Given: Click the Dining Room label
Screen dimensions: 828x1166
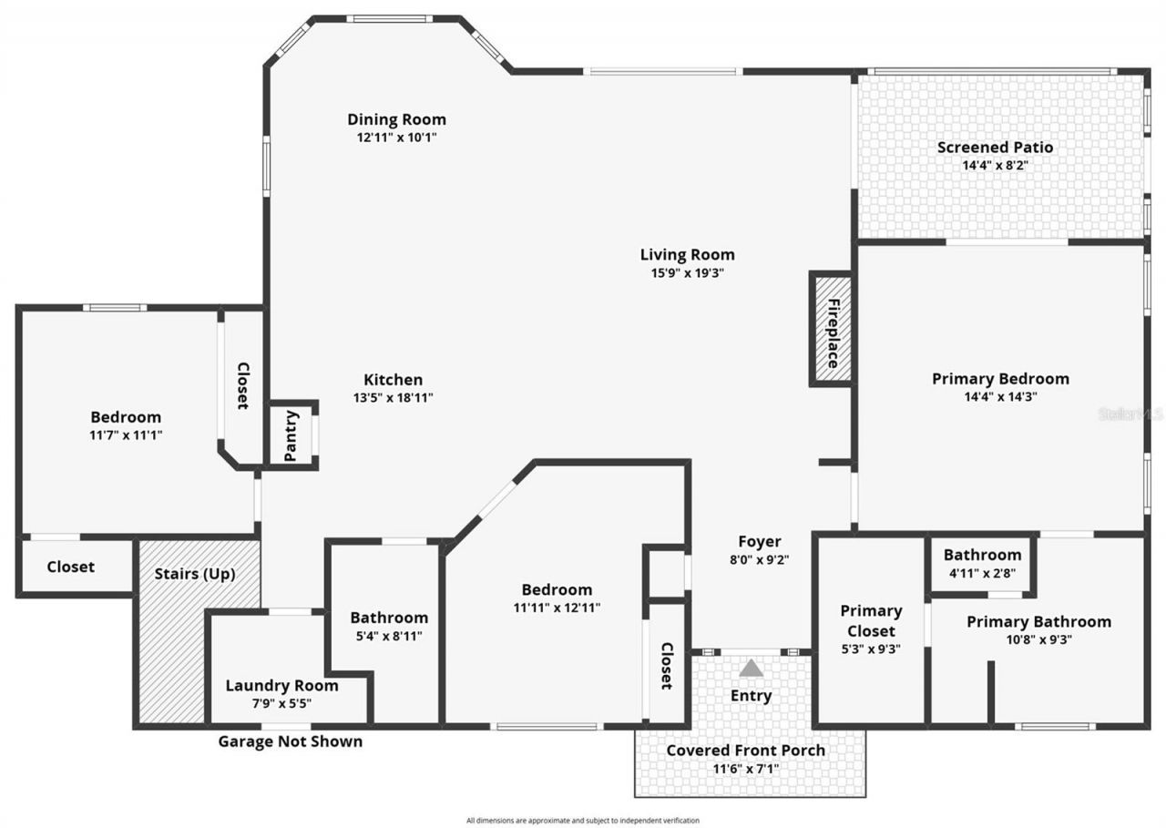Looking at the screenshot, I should [x=396, y=119].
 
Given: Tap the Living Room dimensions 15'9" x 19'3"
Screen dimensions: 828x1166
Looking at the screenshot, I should [x=687, y=272].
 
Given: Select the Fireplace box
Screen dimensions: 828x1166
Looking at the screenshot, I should [x=831, y=329].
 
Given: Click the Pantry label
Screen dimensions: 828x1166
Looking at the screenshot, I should [x=291, y=435].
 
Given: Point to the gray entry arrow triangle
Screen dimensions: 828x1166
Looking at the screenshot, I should [x=751, y=668].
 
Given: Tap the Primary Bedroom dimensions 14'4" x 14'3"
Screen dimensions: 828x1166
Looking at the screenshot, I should [x=1000, y=396].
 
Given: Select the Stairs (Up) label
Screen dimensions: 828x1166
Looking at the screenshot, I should [x=195, y=574].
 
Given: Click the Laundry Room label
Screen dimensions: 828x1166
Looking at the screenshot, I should [x=281, y=686].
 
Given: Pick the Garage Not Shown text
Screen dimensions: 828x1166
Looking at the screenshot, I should [x=290, y=741].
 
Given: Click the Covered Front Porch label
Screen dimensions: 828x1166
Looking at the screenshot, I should [x=746, y=751].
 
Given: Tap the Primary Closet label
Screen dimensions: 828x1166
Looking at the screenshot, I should [x=871, y=620].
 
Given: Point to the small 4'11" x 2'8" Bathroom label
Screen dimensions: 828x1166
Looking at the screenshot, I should [x=982, y=555].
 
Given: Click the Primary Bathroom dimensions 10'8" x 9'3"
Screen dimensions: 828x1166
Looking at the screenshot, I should [x=1038, y=639].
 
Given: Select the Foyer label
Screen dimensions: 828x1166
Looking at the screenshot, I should [x=759, y=542].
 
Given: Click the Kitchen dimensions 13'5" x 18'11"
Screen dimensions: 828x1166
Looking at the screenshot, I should [x=393, y=397].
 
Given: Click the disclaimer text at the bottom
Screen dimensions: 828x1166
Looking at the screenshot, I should [x=583, y=820].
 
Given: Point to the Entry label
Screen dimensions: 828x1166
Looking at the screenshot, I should [x=752, y=696].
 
